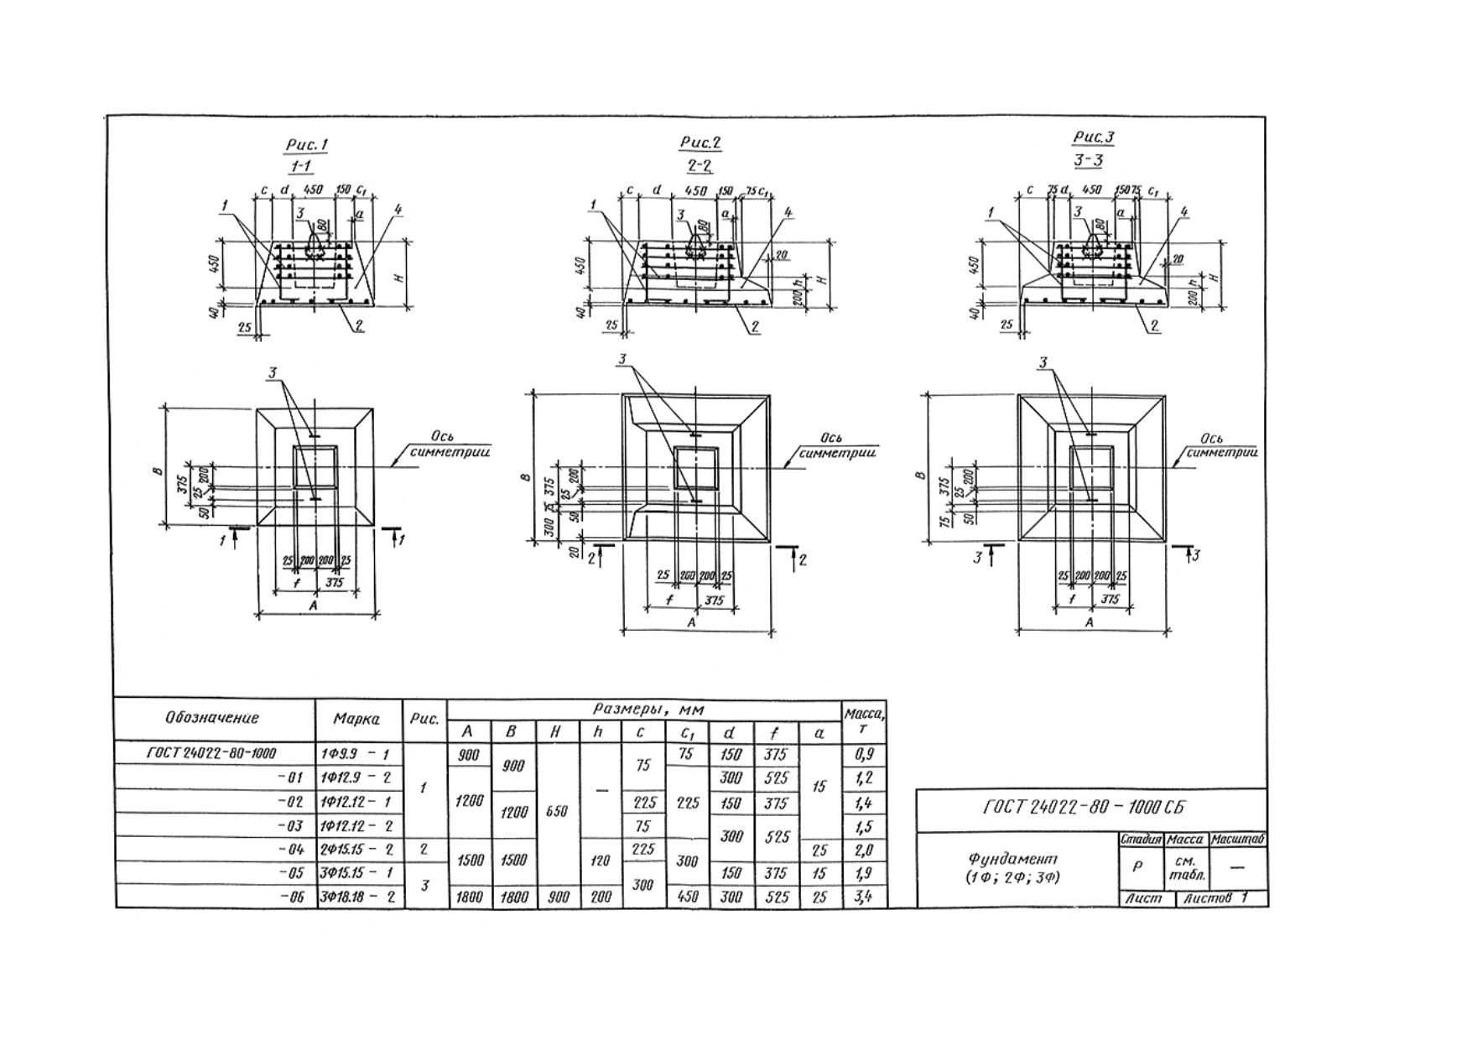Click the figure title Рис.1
306,145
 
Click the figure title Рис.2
700,143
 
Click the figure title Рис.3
1094,138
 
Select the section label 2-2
699,165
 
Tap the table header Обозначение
212,718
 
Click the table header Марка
356,719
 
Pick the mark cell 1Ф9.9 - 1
356,754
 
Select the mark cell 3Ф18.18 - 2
356,897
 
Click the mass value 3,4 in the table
863,897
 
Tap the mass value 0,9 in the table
863,754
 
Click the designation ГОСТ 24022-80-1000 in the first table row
211,754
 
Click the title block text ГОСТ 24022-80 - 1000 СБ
1084,808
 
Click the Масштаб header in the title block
1237,839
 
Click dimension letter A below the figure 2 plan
692,623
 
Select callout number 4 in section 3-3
1183,212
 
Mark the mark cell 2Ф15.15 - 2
356,850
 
